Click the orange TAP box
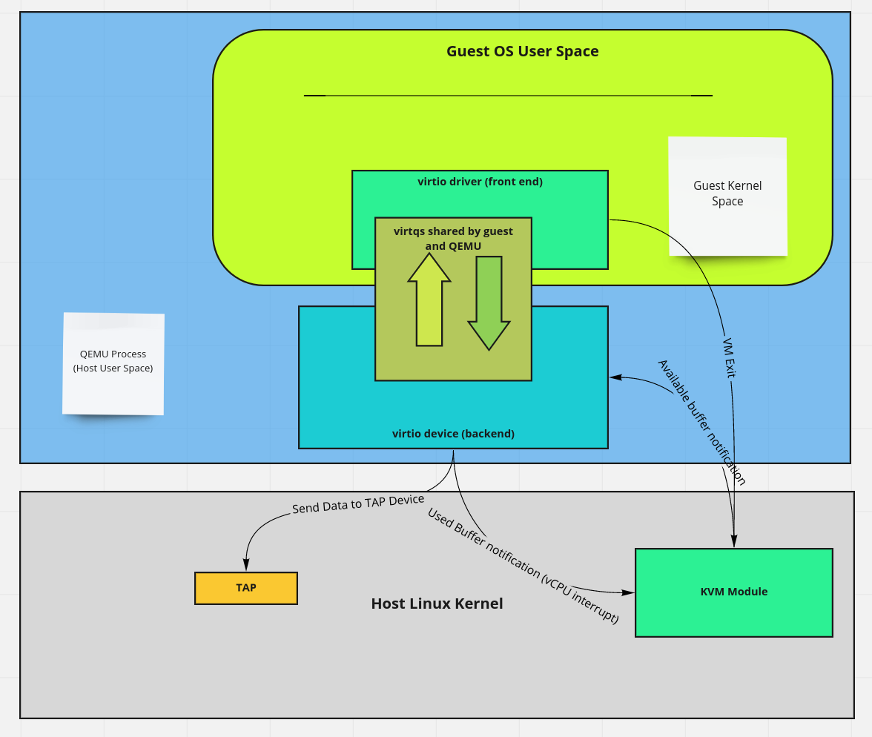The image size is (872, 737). click(x=246, y=588)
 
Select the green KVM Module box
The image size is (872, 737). click(x=734, y=592)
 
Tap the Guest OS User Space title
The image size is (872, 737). click(x=522, y=51)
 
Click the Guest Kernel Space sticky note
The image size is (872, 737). click(x=727, y=194)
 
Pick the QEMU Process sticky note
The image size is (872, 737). click(x=113, y=362)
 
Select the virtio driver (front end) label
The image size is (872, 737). click(x=480, y=181)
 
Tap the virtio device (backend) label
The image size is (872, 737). click(x=453, y=434)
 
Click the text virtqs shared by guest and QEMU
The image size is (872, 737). click(x=453, y=239)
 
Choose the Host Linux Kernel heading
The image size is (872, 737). click(x=437, y=604)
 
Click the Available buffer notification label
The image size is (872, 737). click(x=701, y=422)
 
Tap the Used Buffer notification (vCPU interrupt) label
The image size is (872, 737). click(x=523, y=566)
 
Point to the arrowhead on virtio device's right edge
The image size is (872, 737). click(x=615, y=378)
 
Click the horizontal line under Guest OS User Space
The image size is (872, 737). click(x=508, y=96)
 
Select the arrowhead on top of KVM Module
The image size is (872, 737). click(x=734, y=542)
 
